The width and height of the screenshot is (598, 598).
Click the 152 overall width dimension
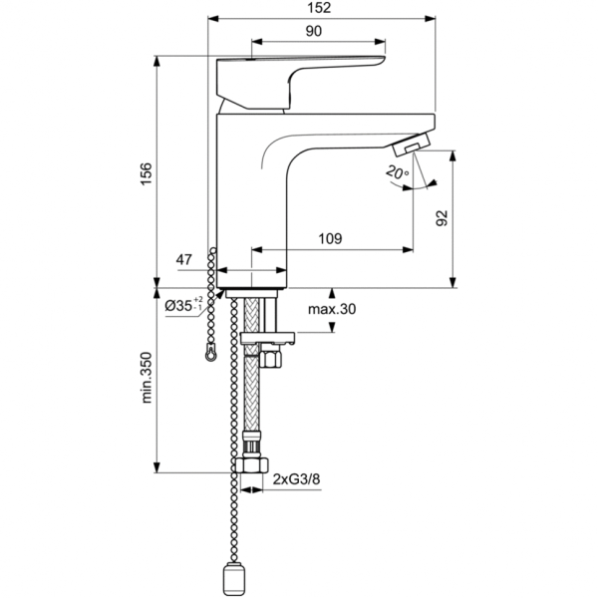point(321,8)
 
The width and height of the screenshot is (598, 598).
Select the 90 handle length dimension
point(313,32)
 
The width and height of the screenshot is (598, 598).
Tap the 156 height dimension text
point(147,173)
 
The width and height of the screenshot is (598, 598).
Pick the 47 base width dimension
point(184,260)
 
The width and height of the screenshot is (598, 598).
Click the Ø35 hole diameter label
point(184,304)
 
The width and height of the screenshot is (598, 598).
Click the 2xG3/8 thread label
point(296,480)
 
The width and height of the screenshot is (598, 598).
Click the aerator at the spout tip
point(413,146)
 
